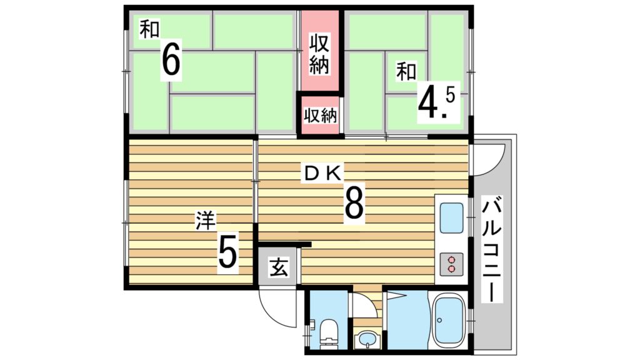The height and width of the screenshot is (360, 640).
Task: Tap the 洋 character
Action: pyautogui.click(x=205, y=221)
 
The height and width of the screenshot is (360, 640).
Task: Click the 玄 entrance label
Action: pyautogui.click(x=279, y=267)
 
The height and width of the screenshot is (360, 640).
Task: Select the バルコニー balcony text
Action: pyautogui.click(x=492, y=249)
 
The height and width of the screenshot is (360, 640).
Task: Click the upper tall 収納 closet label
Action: pyautogui.click(x=319, y=54)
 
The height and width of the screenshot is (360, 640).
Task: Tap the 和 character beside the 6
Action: pyautogui.click(x=149, y=29)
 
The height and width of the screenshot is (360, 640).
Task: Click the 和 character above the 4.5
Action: pyautogui.click(x=406, y=72)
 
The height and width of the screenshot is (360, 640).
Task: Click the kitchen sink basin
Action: pyautogui.click(x=452, y=218)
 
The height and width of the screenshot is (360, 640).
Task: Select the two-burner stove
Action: pyautogui.click(x=451, y=264)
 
